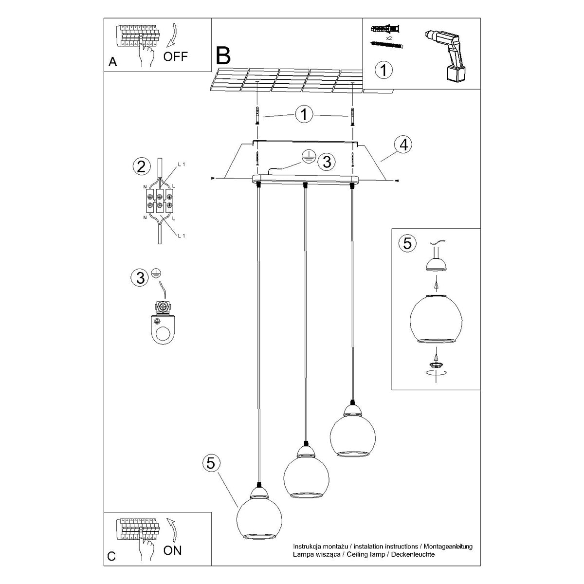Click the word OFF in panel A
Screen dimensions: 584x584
coord(175,56)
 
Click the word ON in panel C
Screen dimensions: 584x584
coord(173,550)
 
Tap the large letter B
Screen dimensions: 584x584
coord(223,56)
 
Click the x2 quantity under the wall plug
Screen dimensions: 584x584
coord(389,37)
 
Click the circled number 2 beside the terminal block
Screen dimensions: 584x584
coord(141,167)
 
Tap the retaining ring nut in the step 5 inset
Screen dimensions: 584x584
coord(436,364)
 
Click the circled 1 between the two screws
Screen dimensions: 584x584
coord(304,115)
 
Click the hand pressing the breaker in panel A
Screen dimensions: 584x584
coord(146,54)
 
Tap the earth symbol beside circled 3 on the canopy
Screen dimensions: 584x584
coord(307,155)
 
